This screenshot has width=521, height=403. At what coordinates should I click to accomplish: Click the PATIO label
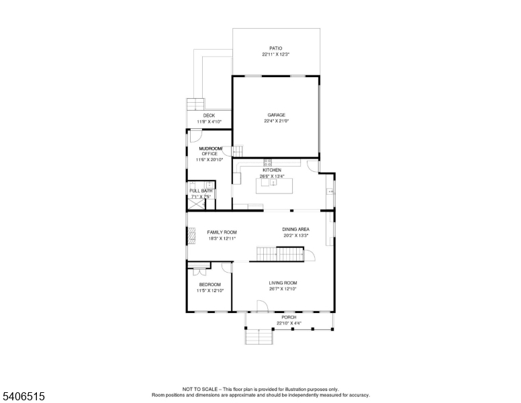coord(276,48)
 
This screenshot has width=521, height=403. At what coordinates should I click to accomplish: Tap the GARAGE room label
coord(276,115)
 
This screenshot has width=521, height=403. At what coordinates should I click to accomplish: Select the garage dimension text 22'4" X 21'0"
coord(276,121)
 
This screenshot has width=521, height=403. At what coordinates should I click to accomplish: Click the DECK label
coord(209,116)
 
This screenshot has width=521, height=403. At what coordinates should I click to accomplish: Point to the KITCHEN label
coord(272,171)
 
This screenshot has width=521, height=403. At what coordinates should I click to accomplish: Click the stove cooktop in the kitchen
coord(268,162)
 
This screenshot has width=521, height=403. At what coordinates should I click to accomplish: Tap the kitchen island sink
coord(273,182)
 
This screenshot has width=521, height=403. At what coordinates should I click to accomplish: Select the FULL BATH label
coord(200,191)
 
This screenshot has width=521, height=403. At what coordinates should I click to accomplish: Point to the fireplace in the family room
coord(191,235)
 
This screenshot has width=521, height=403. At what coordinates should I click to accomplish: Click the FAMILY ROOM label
coord(221,232)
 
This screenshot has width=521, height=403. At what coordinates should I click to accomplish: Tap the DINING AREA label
coord(295,230)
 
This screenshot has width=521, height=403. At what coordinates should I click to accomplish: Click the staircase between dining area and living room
coord(277,255)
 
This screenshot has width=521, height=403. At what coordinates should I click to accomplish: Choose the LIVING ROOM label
coord(283,283)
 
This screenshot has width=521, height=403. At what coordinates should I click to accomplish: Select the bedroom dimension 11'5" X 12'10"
coord(209,290)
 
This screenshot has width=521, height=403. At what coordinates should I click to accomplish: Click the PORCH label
coord(289,317)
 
